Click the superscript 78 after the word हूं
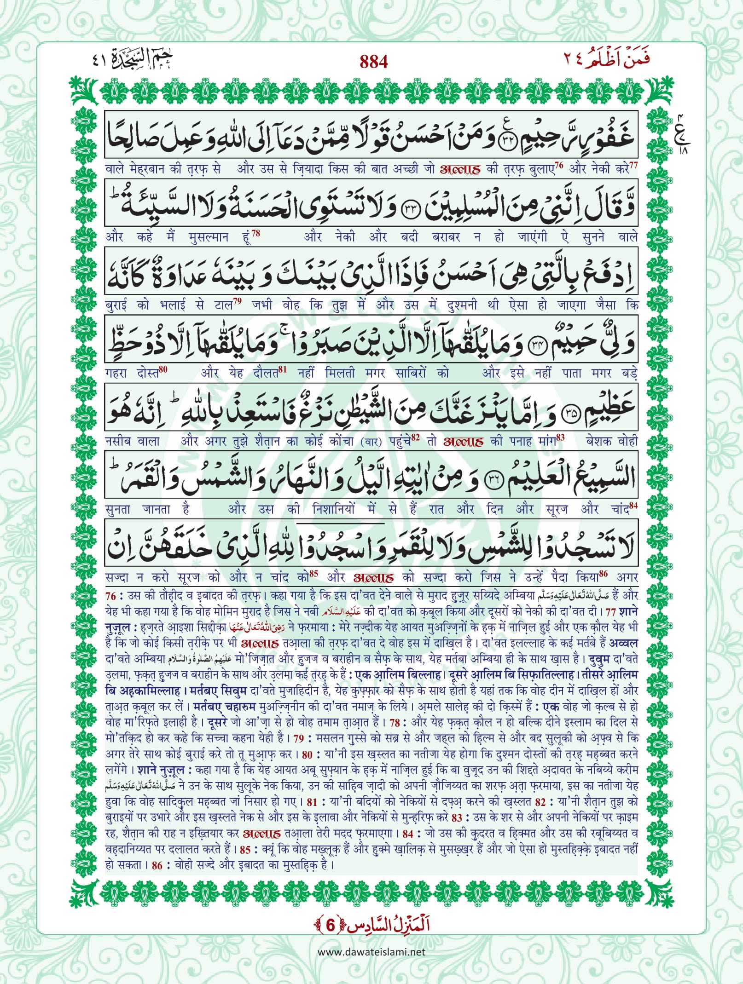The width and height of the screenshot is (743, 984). pyautogui.click(x=256, y=233)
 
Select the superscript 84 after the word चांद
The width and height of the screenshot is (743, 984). pyautogui.click(x=633, y=506)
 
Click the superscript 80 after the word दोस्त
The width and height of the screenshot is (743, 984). pyautogui.click(x=163, y=369)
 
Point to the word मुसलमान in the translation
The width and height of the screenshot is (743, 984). pyautogui.click(x=209, y=237)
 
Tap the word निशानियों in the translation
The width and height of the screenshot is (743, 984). pyautogui.click(x=334, y=510)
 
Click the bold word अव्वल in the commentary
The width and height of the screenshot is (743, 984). pyautogui.click(x=623, y=643)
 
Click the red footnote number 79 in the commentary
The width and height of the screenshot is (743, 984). pyautogui.click(x=299, y=738)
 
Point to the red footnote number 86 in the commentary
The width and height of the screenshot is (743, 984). pyautogui.click(x=157, y=865)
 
